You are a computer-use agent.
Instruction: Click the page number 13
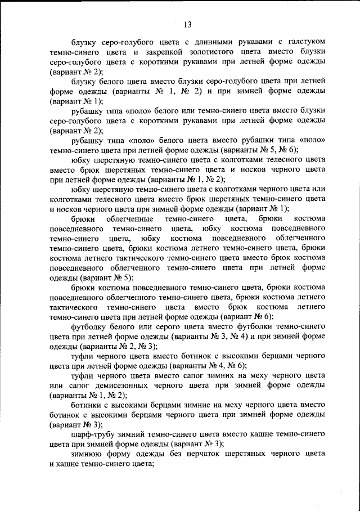click(187, 24)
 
